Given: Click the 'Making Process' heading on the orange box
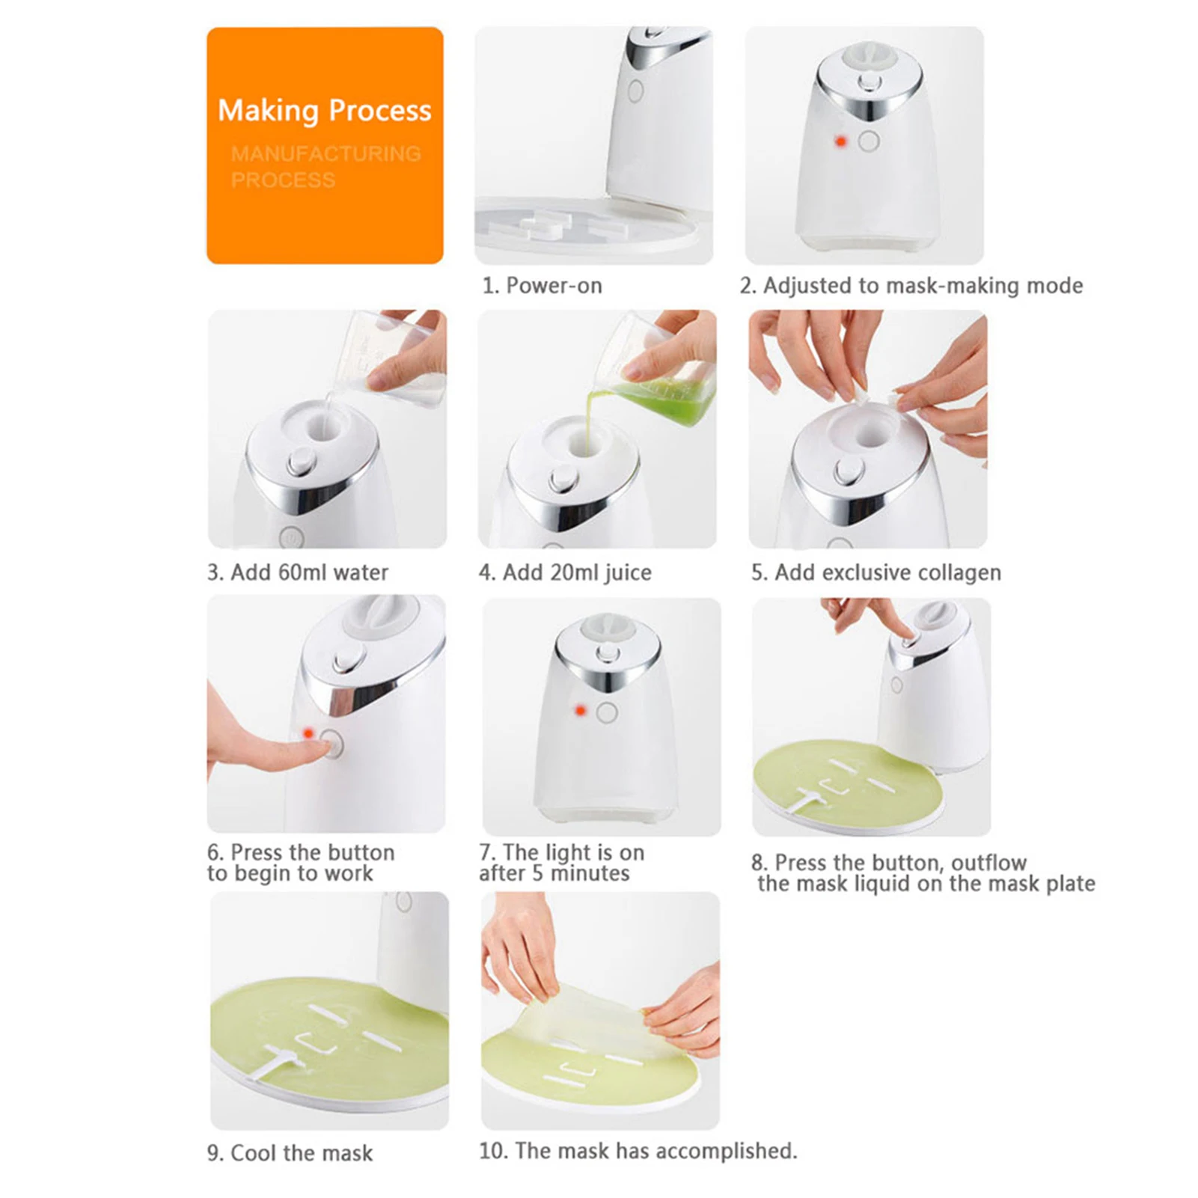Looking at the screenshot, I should click(324, 111).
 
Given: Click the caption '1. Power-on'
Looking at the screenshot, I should click(542, 286).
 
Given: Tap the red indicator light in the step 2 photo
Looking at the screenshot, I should click(840, 141).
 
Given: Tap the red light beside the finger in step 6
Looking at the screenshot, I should click(308, 733).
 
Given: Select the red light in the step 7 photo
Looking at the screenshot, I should click(579, 710).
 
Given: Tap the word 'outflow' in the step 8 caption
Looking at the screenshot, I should click(988, 863).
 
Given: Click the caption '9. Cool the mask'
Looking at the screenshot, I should click(290, 1153).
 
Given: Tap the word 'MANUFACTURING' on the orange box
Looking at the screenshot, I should click(326, 154).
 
